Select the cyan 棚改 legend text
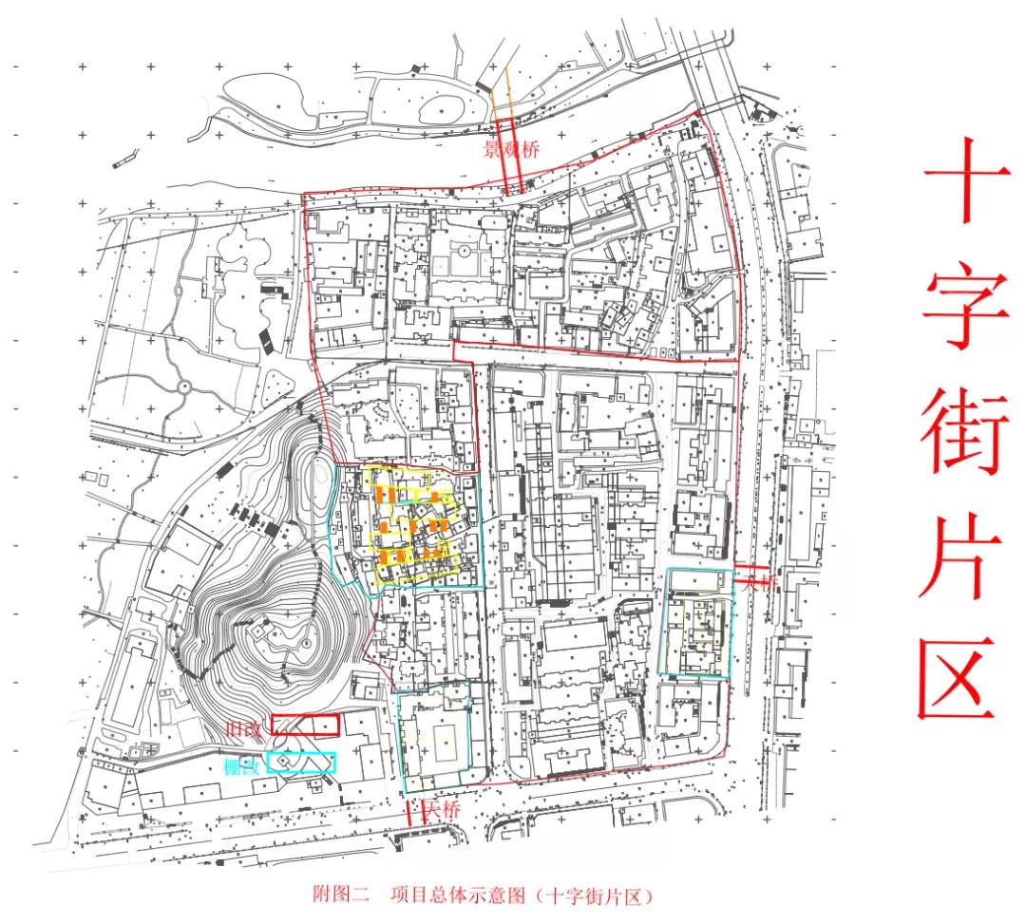(x=242, y=765)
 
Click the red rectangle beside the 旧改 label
(x=305, y=726)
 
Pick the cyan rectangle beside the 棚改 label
(x=301, y=762)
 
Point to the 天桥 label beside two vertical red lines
(x=441, y=810)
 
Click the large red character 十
(x=967, y=180)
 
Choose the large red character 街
(x=967, y=432)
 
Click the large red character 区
(x=961, y=676)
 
